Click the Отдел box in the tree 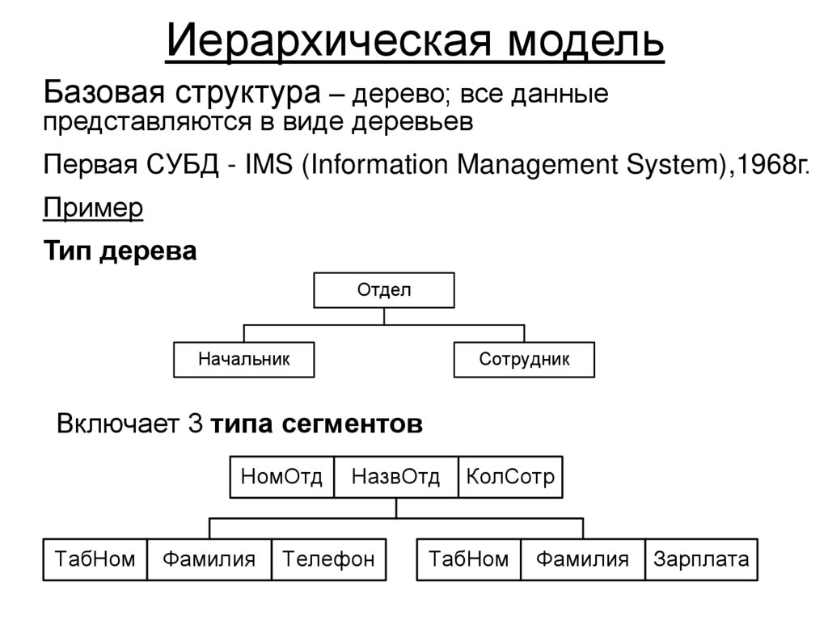(x=384, y=290)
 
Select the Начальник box (x=244, y=360)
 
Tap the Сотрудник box (x=524, y=360)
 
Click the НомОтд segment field (x=281, y=478)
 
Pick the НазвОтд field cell (x=395, y=478)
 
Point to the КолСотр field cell (x=510, y=478)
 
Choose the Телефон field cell (x=329, y=559)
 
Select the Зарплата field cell (x=701, y=559)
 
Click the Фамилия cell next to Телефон (x=209, y=559)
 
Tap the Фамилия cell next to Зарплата (x=582, y=559)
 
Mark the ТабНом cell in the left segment (x=95, y=559)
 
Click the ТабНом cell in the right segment (x=469, y=559)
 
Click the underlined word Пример (x=93, y=209)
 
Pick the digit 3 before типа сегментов (x=194, y=424)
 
